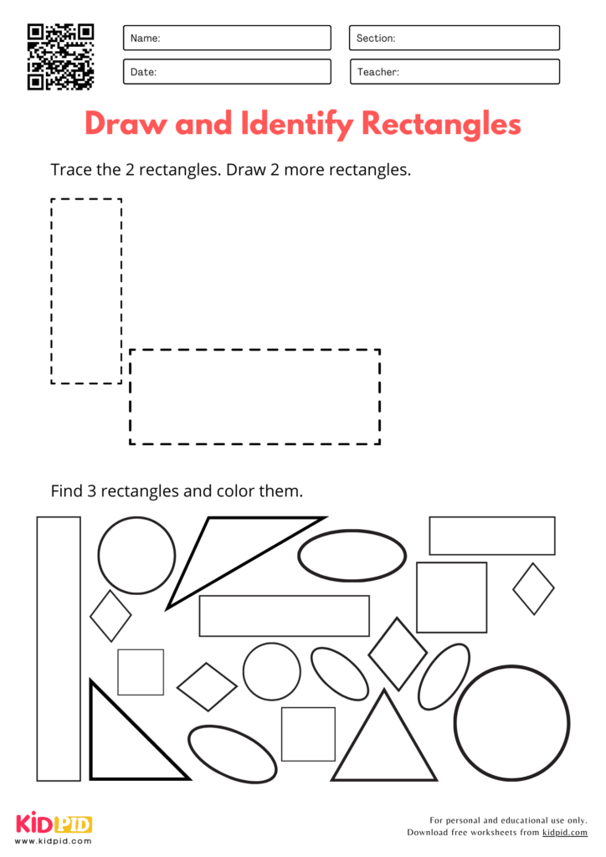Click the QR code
coord(61,56)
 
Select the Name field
coord(227,38)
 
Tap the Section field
coord(454,38)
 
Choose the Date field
coord(227,72)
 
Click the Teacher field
coord(454,72)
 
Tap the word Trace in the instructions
coord(70,170)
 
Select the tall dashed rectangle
coord(86,291)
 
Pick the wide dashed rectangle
coord(254,397)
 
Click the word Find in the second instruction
coord(66,491)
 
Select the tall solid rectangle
coord(59,649)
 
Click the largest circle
coord(511,723)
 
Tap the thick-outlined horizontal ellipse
coord(352,555)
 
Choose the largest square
coord(451,597)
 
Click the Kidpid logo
coord(54,824)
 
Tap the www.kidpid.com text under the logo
coord(54,840)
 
